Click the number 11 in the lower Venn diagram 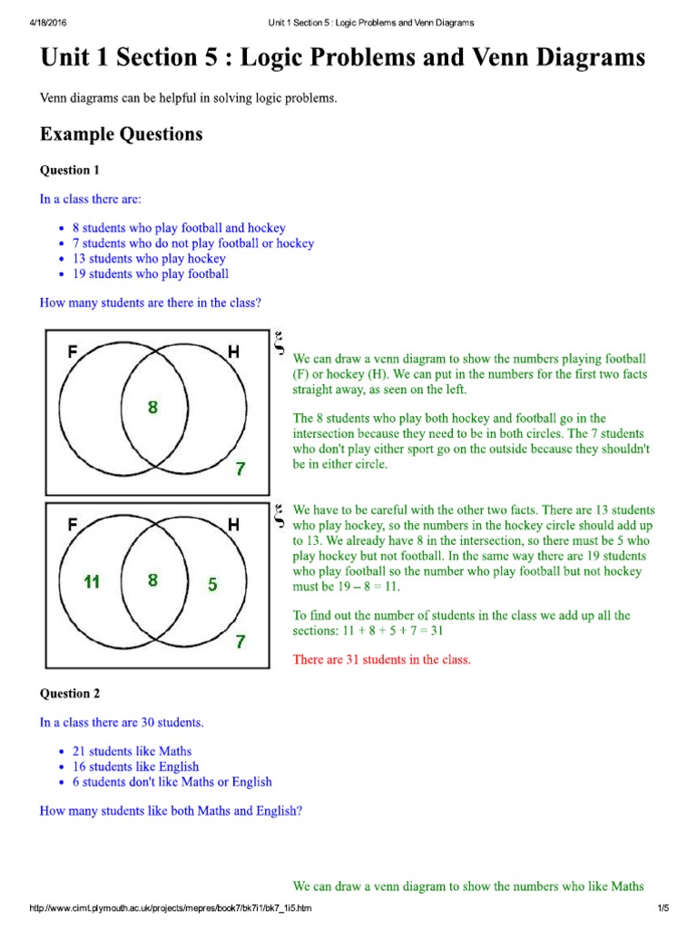[91, 582]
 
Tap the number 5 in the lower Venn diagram [212, 585]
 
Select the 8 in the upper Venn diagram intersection [152, 408]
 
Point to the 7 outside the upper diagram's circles [240, 470]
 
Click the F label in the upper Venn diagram [72, 351]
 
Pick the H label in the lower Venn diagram [233, 524]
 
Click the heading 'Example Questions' [121, 134]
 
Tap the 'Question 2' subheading [70, 693]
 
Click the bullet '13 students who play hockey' [149, 258]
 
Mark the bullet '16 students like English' [135, 767]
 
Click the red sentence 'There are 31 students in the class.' [381, 659]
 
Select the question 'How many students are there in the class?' [151, 302]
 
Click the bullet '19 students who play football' [150, 273]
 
